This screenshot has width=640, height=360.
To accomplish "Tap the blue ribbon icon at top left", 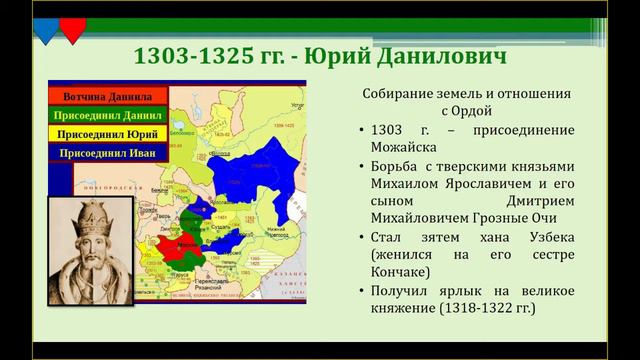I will (x=46, y=27).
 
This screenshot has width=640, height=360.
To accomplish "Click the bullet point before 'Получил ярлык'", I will (x=359, y=291).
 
